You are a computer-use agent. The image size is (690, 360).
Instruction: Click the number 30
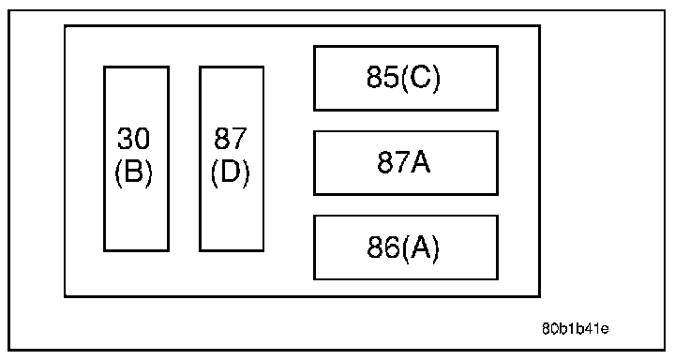pyautogui.click(x=133, y=138)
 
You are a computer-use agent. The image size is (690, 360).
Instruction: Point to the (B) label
pyautogui.click(x=133, y=172)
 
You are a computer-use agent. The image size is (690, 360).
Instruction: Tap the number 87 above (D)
pyautogui.click(x=230, y=138)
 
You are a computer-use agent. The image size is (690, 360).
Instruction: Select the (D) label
pyautogui.click(x=230, y=172)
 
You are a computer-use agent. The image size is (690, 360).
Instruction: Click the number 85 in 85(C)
pyautogui.click(x=382, y=77)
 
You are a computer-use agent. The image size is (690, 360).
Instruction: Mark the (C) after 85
pyautogui.click(x=420, y=79)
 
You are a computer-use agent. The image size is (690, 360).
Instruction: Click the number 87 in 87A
pyautogui.click(x=393, y=161)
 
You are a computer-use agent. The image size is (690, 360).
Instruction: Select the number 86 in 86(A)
pyautogui.click(x=382, y=247)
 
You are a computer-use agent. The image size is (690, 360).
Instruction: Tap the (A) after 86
pyautogui.click(x=419, y=248)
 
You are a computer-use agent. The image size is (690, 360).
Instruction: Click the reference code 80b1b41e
pyautogui.click(x=575, y=329)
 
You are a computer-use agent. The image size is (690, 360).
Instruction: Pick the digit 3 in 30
pyautogui.click(x=125, y=138)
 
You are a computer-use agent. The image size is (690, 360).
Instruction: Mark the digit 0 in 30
pyautogui.click(x=142, y=138)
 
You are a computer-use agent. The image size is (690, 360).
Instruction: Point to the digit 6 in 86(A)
pyautogui.click(x=391, y=247)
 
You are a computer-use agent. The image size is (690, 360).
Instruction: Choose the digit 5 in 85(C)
pyautogui.click(x=390, y=77)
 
